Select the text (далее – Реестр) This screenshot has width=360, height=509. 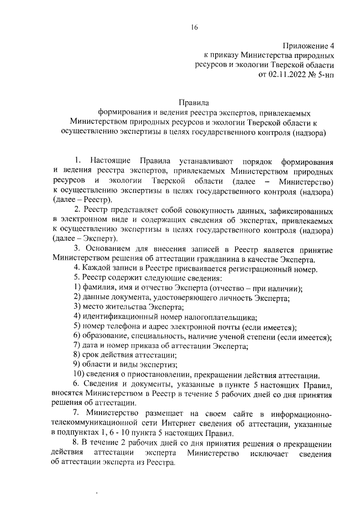82,200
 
